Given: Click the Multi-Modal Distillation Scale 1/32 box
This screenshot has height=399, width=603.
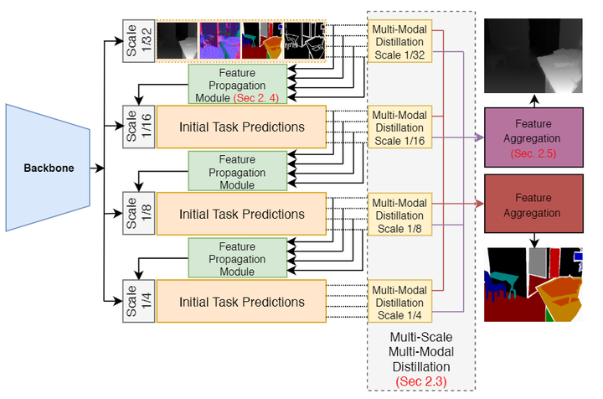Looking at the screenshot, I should point(399,41).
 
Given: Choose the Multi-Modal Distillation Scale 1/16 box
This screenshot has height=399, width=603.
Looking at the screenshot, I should point(399,127).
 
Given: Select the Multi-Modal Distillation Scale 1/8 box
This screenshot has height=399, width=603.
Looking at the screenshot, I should point(399,214).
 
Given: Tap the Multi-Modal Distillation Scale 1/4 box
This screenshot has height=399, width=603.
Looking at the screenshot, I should point(399,303).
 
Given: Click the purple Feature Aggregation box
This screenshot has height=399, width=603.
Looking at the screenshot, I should point(533,137).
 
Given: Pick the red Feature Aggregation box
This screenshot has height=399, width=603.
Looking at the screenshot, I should point(533,205).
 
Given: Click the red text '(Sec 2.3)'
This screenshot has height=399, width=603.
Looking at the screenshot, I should point(421,381).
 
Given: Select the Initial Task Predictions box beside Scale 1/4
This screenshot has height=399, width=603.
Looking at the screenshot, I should point(241,302).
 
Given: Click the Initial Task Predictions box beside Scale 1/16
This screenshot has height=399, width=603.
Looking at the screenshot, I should point(241,127).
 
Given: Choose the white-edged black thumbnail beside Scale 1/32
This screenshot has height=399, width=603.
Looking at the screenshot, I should point(304,41).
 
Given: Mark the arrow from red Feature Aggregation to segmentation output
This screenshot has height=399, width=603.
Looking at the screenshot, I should point(533,239).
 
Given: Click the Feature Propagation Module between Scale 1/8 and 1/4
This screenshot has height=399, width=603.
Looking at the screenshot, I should point(237,259).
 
